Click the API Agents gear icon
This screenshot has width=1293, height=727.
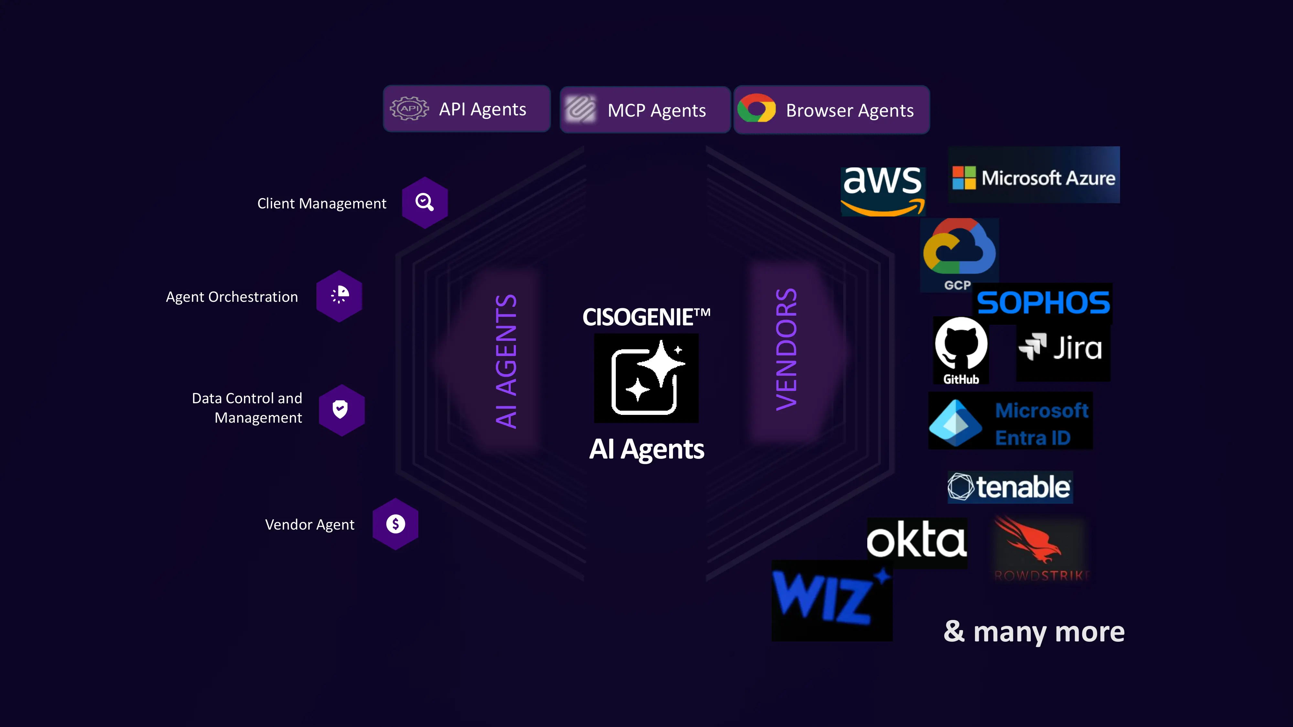[409, 108]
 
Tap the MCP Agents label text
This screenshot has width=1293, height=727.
[657, 111]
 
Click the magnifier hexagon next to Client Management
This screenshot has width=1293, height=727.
[425, 202]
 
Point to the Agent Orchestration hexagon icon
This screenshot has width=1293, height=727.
[339, 296]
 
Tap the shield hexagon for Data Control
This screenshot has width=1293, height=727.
[341, 409]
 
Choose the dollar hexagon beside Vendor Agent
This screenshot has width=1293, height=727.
[396, 524]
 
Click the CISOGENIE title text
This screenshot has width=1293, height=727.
[646, 317]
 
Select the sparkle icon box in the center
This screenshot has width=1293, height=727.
[646, 378]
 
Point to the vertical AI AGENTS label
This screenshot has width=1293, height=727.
[506, 361]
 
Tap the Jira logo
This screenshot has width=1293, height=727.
[1062, 348]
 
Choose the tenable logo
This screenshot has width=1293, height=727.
[1010, 487]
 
